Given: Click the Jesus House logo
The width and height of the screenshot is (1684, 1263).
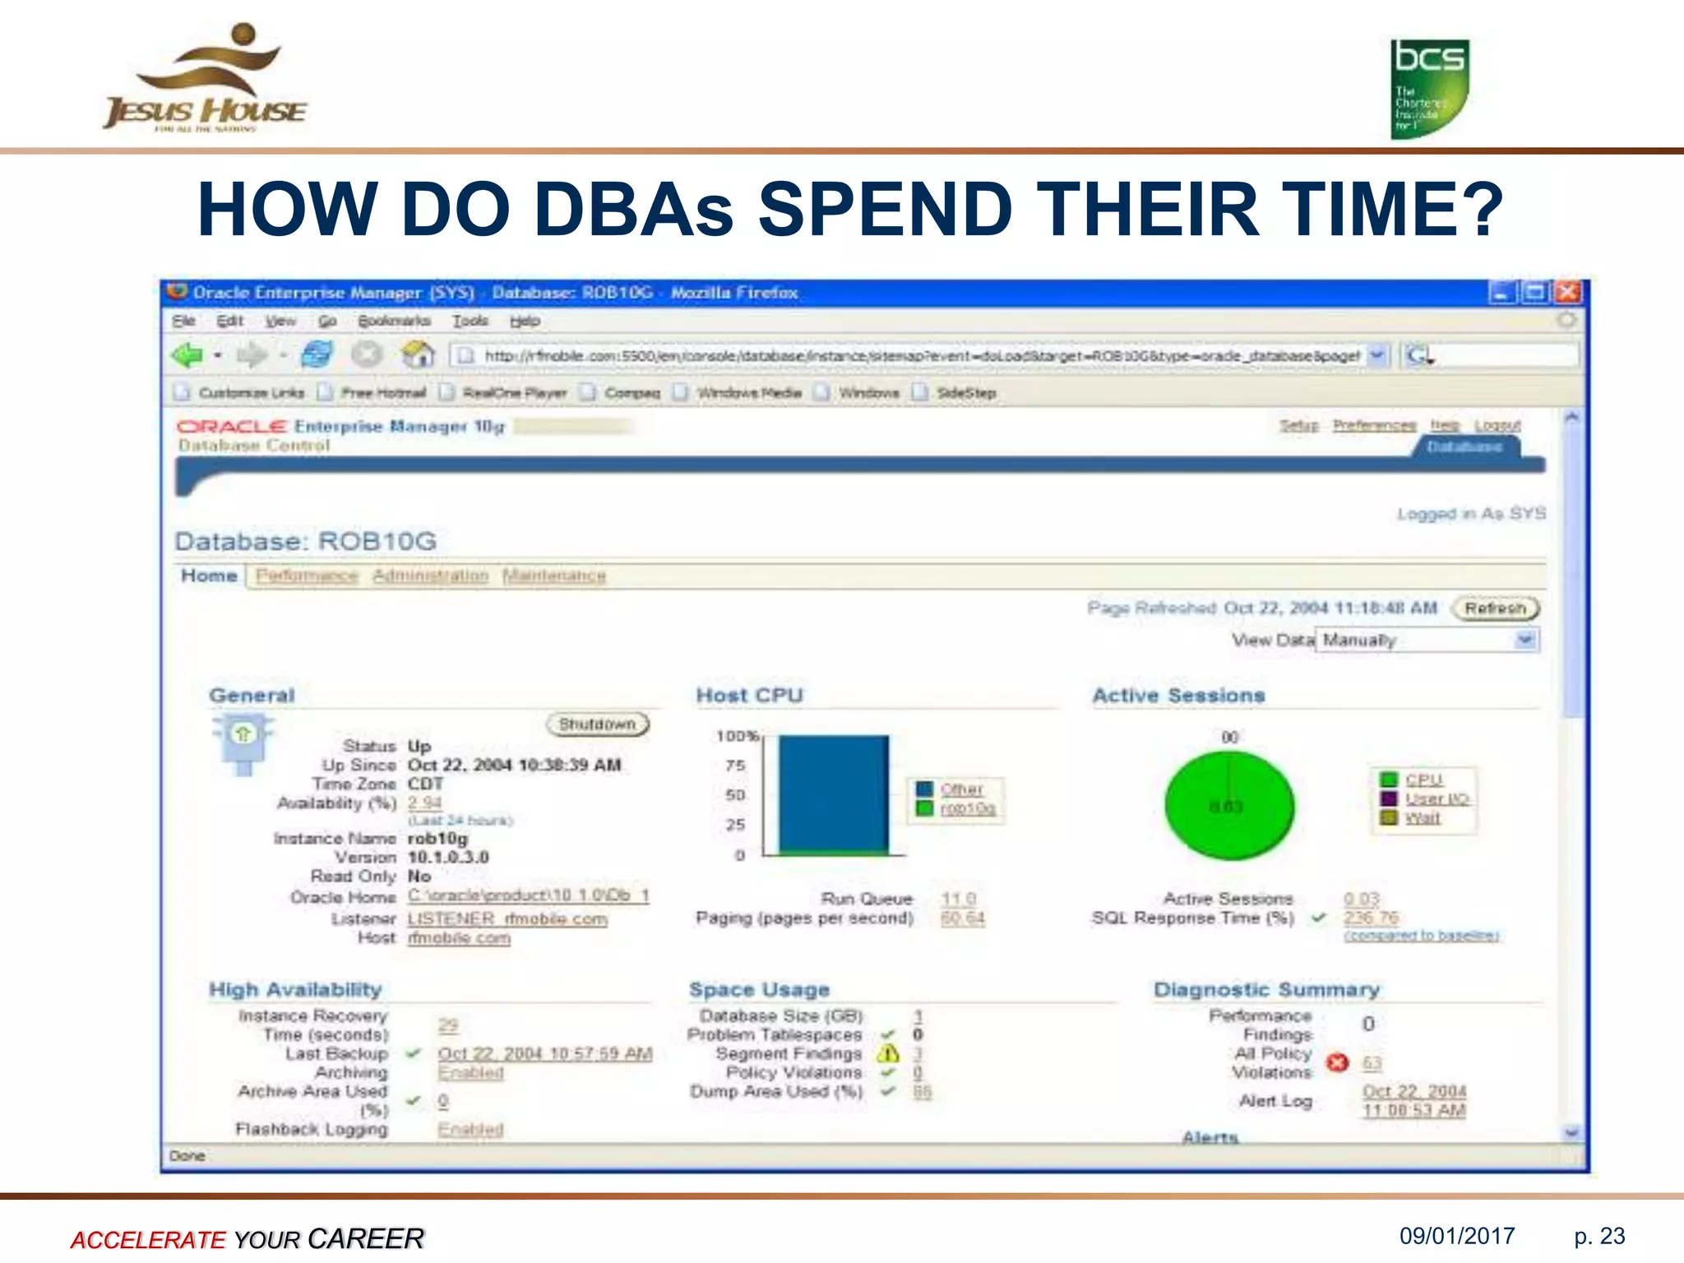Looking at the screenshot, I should tap(206, 79).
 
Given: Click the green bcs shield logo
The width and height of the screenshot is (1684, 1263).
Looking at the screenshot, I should tap(1429, 89).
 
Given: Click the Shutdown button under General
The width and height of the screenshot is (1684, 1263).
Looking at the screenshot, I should tap(598, 724).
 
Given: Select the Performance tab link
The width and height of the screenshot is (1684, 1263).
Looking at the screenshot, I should tap(307, 576).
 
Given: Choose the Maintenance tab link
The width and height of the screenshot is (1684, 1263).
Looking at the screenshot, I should tap(554, 576).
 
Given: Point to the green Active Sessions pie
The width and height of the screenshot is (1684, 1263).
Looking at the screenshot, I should tap(1229, 807).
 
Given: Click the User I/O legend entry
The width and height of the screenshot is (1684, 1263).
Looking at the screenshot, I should tap(1436, 798).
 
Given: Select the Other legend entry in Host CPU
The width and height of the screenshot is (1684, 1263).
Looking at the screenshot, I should tap(961, 789).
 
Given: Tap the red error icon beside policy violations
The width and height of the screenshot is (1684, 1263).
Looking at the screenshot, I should tap(1338, 1062).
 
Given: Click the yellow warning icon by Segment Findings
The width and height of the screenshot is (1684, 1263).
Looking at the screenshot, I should tap(888, 1053).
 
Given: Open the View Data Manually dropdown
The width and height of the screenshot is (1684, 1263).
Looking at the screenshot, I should tap(1525, 640).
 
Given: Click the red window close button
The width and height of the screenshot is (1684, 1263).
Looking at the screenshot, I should tap(1568, 292).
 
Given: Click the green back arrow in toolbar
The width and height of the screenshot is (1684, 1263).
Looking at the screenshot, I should tap(187, 355).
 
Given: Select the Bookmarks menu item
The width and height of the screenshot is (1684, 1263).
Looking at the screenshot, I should tap(394, 321).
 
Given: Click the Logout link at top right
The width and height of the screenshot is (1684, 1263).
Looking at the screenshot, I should tap(1497, 425).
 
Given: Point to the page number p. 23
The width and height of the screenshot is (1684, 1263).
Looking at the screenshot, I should tap(1599, 1236).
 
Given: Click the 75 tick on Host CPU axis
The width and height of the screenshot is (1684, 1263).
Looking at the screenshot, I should tap(735, 766).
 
